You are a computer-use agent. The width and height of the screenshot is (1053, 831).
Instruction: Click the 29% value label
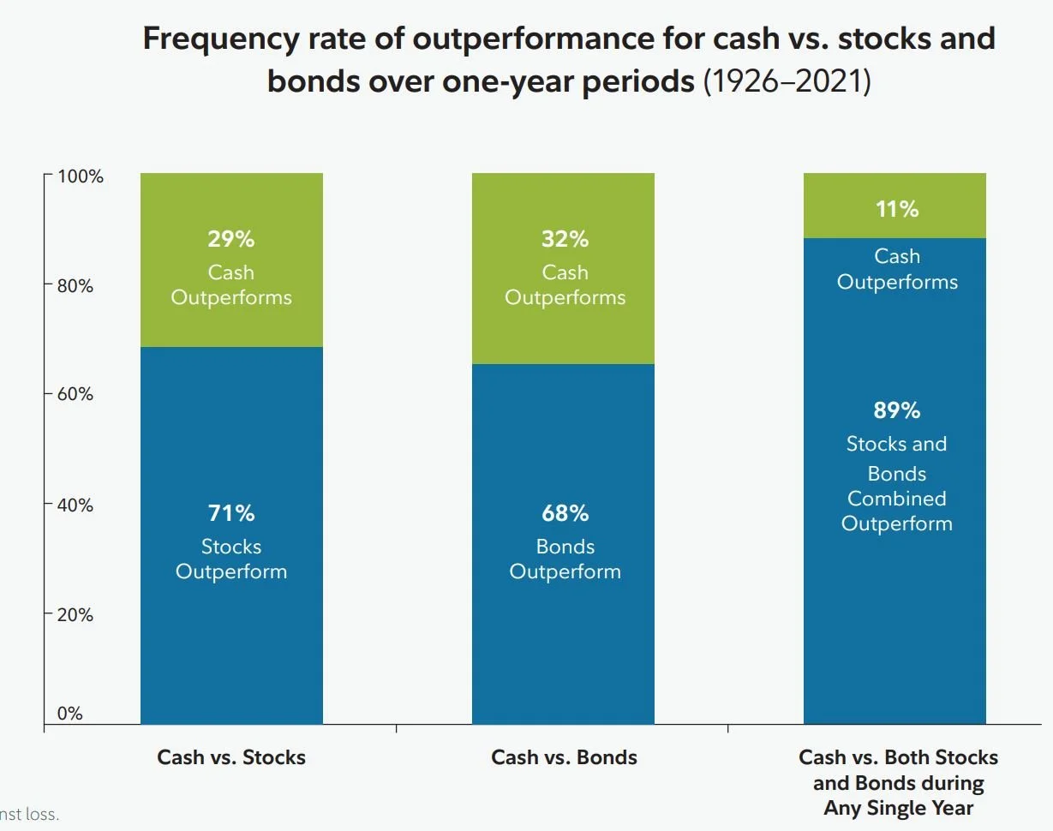coord(231,239)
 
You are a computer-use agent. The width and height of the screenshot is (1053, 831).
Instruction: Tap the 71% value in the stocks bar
coord(231,513)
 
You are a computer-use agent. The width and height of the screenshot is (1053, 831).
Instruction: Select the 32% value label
coord(565,239)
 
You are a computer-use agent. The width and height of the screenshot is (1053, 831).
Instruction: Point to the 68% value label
coord(565,513)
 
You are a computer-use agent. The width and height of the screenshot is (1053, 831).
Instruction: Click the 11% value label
coord(897,209)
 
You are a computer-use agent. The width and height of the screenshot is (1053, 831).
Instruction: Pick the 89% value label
coord(897,410)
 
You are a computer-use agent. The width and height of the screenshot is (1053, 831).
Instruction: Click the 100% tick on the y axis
coord(80,177)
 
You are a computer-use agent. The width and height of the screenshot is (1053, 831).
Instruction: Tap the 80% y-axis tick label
coord(75,286)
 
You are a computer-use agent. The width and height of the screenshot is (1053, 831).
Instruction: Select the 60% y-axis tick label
coord(75,395)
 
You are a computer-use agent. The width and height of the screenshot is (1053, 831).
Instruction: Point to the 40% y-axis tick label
coord(75,505)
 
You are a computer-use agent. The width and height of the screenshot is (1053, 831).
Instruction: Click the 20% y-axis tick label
coord(75,614)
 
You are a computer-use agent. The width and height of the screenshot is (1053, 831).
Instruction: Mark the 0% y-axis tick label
coord(69,714)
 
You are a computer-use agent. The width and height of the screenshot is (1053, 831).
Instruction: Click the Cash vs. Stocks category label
coord(231,757)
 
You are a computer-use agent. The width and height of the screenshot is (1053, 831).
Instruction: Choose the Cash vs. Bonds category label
coord(564,757)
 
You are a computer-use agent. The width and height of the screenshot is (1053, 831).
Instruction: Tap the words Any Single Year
coord(898,808)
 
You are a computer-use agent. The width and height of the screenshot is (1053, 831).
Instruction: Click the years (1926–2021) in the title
coord(787,81)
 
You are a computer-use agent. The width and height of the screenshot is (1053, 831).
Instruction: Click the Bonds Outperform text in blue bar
coord(565,559)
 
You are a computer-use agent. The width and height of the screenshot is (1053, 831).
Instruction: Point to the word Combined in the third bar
coord(897,499)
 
